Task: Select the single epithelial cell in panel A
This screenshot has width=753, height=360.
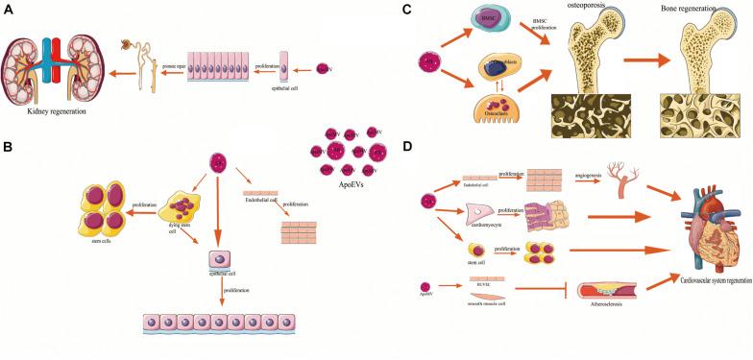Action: coord(282,71)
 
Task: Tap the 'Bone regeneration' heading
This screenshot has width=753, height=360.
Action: coord(687,8)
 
